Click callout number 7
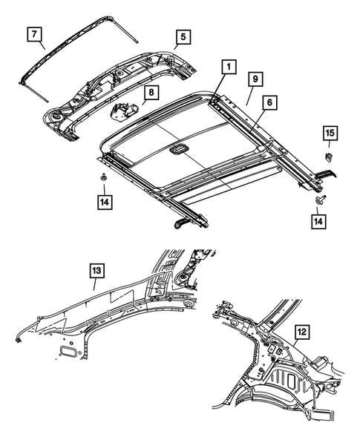(x=36, y=34)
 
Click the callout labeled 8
(x=150, y=93)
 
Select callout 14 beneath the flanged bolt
(x=318, y=221)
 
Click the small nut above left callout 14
(x=100, y=177)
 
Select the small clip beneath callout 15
(x=328, y=156)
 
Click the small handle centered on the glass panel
(x=177, y=151)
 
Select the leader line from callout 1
(x=220, y=86)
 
